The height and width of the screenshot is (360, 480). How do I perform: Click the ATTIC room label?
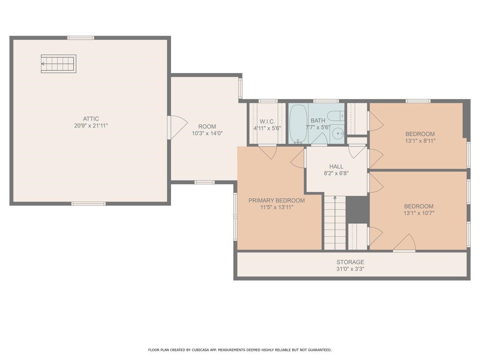91,119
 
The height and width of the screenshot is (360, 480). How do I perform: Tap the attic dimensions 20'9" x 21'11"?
91,126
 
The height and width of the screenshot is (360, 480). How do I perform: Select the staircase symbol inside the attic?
58,64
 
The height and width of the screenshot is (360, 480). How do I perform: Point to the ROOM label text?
207,126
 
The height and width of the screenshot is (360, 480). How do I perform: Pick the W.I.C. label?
267,121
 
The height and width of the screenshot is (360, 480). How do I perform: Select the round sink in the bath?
338,133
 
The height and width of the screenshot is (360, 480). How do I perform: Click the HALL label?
336,166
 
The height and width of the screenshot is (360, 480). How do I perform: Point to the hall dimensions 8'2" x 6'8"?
336,173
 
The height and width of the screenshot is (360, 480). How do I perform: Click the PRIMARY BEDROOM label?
277,200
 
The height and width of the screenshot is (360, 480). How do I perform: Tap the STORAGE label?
350,262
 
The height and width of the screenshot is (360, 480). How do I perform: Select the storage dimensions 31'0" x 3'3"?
350,268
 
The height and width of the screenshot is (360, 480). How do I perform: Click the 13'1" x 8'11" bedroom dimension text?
420,141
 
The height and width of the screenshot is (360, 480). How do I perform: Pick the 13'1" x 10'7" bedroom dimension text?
419,213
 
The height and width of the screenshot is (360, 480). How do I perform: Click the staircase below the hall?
335,223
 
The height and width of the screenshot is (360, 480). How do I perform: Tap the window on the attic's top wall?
81,38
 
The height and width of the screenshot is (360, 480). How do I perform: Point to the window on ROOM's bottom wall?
205,182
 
